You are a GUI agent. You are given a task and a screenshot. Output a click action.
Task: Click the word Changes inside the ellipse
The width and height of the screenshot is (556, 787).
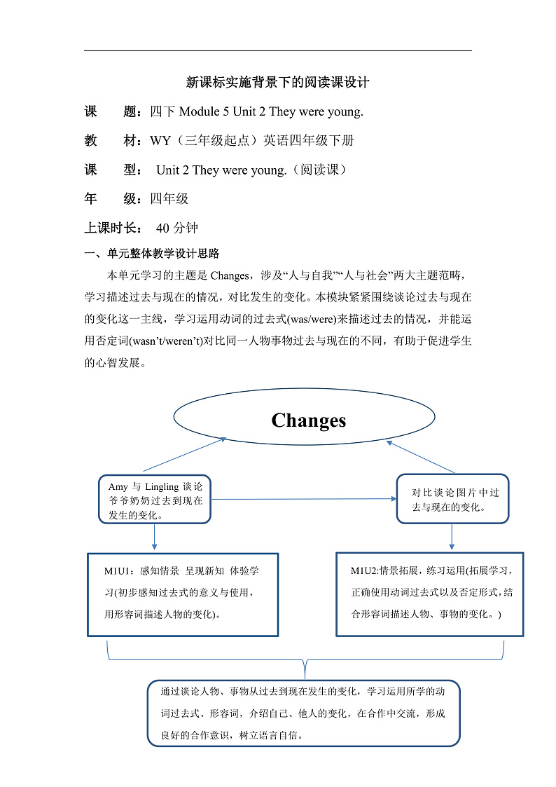coord(308,420)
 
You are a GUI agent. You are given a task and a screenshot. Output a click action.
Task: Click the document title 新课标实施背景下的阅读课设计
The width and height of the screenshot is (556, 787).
coord(277,82)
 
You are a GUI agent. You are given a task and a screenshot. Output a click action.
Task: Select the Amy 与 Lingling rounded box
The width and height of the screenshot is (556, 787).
coord(155,500)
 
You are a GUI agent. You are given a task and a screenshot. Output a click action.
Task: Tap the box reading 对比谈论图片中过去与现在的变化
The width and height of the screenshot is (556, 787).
coord(452,499)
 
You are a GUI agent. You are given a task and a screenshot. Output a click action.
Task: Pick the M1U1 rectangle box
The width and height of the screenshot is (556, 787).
coord(183,594)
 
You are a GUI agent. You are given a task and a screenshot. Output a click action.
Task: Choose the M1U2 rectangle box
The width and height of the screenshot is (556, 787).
coord(430,594)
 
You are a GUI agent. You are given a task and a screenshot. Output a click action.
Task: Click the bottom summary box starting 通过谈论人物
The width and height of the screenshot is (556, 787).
coord(304,713)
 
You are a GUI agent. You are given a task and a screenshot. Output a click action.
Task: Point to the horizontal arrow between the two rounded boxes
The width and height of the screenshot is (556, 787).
coord(304,499)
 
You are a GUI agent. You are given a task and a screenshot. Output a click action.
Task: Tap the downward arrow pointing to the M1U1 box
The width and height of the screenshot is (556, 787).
coord(154,538)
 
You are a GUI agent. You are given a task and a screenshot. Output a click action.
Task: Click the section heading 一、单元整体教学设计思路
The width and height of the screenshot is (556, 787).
coord(152,254)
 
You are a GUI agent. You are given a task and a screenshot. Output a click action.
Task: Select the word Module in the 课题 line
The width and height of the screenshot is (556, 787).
coord(204,111)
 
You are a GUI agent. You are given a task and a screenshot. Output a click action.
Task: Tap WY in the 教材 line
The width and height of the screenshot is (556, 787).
coord(160,141)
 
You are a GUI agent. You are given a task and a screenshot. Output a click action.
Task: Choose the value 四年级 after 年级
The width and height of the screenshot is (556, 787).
coord(169,199)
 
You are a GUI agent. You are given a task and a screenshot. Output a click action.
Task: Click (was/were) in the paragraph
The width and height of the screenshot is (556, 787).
coord(308,319)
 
